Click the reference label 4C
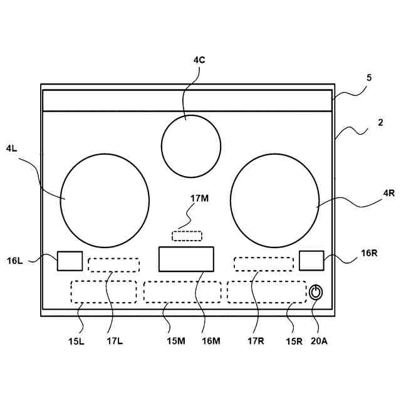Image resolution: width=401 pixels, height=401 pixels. (199, 60)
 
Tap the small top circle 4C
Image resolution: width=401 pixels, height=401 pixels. (191, 146)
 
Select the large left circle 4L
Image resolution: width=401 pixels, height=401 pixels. (105, 199)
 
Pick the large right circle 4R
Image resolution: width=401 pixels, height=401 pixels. (274, 199)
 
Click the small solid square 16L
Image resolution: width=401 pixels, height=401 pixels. (70, 261)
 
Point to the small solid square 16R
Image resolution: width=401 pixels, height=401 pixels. (311, 260)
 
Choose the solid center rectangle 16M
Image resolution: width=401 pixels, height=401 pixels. (186, 259)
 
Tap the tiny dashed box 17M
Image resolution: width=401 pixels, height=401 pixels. (187, 236)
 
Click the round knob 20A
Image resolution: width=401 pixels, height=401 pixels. (316, 292)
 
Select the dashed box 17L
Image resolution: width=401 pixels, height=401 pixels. (113, 264)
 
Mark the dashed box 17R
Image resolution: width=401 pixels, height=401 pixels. (263, 264)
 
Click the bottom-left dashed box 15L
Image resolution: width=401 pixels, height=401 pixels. (103, 291)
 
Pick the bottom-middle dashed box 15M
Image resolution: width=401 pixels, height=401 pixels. (182, 292)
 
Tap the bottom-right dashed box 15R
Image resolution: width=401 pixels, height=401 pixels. (266, 291)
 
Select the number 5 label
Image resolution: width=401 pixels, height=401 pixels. (369, 78)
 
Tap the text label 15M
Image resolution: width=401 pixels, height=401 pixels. (176, 341)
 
